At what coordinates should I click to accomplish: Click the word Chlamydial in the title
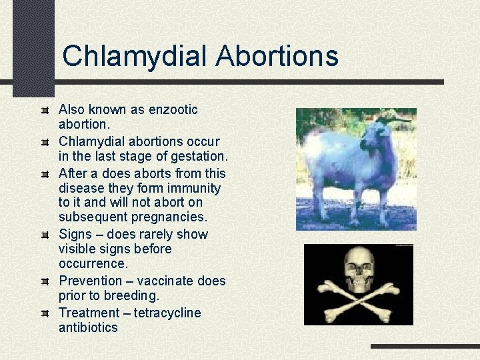(135, 56)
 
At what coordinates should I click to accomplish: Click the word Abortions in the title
(277, 56)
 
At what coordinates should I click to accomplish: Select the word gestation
(198, 157)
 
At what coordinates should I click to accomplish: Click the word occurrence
(93, 264)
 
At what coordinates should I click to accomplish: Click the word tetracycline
(167, 313)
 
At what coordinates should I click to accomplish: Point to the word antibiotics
(88, 327)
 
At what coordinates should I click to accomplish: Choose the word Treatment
(89, 313)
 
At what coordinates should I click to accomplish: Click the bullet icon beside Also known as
(45, 109)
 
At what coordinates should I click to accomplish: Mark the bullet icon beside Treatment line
(45, 313)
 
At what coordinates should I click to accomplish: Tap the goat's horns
(393, 119)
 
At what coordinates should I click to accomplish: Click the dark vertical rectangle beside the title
(33, 47)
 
